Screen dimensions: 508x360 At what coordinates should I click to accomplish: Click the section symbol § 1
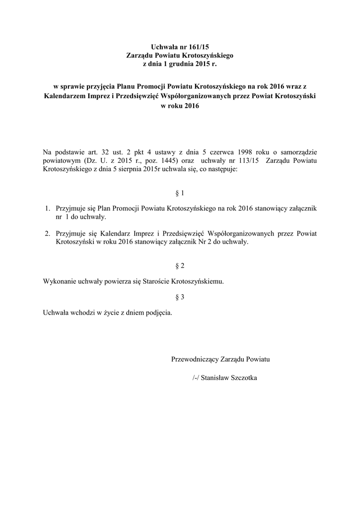tap(180, 192)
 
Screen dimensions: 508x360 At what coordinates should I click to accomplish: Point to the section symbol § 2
tap(180, 266)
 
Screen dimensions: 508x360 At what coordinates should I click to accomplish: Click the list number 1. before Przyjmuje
tap(48, 209)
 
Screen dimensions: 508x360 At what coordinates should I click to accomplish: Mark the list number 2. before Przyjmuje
tap(48, 233)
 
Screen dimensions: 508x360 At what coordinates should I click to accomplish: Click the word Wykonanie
tap(60, 281)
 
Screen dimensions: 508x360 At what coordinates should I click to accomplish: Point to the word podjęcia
tap(159, 313)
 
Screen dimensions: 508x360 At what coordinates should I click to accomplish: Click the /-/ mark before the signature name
tap(196, 378)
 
